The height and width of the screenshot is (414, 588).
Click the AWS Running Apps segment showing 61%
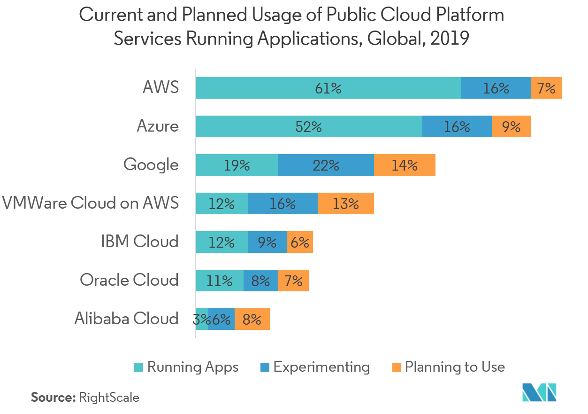[328, 88]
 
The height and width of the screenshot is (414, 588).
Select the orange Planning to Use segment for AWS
[546, 88]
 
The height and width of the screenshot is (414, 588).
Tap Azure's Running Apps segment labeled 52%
[309, 126]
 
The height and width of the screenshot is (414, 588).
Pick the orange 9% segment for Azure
[511, 126]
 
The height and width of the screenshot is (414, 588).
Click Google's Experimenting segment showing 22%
[326, 165]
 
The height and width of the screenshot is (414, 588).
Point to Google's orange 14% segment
[405, 165]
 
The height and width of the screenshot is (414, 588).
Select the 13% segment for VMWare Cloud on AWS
[346, 203]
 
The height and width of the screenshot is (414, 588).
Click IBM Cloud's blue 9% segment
[267, 242]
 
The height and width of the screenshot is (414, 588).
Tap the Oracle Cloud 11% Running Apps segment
[220, 281]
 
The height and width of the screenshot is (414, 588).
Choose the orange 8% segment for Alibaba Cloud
[252, 319]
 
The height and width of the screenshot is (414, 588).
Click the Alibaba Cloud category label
[126, 319]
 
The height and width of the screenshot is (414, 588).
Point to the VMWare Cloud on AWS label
[91, 203]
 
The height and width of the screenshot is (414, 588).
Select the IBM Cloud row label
[139, 242]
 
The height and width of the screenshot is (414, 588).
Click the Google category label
[151, 165]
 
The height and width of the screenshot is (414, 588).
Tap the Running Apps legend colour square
[139, 367]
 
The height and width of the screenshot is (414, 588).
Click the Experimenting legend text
[321, 367]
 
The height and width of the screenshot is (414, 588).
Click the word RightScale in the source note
[109, 398]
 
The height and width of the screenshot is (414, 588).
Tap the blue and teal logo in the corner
[540, 392]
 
